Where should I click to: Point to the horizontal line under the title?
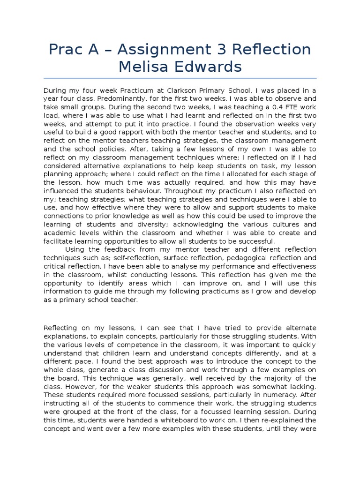[x=180, y=78]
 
